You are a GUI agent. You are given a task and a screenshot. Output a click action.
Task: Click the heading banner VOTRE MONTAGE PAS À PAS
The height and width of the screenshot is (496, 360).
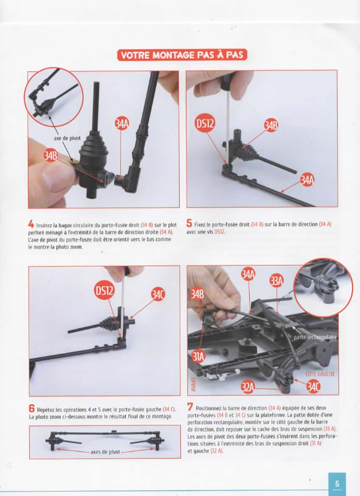182,55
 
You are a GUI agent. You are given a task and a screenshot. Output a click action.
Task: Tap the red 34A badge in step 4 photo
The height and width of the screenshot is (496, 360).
121,124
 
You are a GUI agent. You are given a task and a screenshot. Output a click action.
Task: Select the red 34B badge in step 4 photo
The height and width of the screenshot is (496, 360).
51,156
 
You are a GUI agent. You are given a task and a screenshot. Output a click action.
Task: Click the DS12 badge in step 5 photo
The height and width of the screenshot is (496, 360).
205,123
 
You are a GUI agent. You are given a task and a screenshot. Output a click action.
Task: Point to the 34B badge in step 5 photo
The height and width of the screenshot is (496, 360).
271,126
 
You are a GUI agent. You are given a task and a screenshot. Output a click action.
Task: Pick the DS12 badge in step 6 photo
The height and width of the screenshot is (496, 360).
105,290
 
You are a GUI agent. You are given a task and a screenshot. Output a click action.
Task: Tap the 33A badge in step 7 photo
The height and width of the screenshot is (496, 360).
276,281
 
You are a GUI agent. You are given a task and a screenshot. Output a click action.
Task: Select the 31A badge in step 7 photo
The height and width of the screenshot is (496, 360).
198,357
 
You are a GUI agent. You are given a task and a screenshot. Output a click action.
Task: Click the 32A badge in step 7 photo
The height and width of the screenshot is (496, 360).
248,387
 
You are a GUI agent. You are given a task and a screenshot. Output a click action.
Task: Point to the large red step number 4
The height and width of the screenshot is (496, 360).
31,224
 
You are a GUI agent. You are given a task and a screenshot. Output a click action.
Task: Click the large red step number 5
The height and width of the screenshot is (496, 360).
189,223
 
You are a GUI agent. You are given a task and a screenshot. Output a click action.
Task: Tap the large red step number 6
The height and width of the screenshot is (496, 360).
32,409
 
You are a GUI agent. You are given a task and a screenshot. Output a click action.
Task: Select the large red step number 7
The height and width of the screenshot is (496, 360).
190,407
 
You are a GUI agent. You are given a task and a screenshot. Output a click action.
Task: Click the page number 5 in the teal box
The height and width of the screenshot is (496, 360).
337,484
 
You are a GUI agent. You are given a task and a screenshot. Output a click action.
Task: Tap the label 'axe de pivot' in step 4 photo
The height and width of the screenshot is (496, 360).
67,138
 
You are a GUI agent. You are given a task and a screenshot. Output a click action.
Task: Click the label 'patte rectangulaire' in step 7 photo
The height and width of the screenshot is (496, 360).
315,337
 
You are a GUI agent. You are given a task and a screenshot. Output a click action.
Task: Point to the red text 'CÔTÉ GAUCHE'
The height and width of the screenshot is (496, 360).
320,374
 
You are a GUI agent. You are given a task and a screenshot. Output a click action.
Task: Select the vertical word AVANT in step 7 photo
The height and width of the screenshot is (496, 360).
193,383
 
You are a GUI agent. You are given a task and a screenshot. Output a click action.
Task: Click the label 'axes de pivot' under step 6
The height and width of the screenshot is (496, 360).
105,452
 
